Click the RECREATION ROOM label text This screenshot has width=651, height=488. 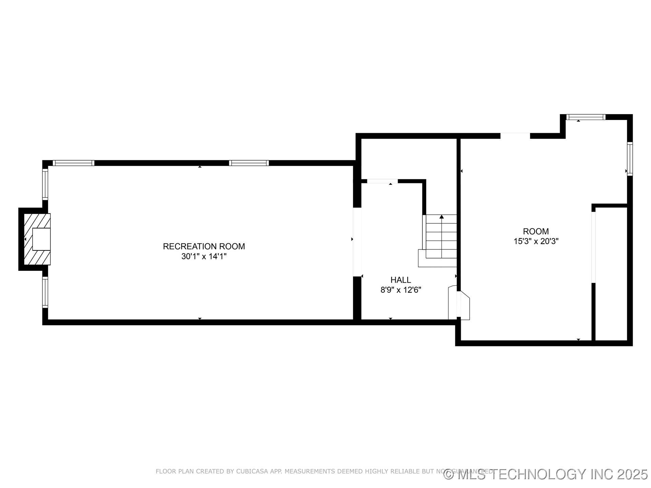204,246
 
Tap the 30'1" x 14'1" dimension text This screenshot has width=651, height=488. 204,257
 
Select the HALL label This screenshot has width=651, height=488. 400,280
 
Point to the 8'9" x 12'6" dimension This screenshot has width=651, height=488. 400,290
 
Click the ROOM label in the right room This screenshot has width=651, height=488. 536,231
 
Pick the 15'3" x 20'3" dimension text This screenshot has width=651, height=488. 536,242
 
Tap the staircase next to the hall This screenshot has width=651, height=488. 441,237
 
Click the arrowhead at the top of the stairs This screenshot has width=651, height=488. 441,217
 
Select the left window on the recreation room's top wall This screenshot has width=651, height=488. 74,163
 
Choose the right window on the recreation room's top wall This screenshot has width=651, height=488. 249,163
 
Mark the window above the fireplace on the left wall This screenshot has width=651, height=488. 45,184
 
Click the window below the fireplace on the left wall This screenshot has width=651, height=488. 45,292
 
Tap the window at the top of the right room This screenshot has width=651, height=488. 586,117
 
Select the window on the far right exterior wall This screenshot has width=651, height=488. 630,159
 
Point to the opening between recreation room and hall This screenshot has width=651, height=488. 357,242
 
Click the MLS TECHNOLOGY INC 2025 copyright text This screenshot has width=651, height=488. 546,474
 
